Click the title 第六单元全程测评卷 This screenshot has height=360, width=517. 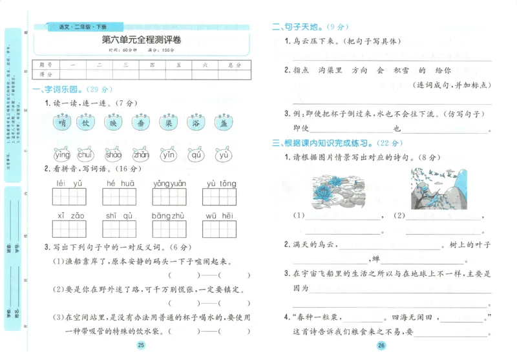click(142, 41)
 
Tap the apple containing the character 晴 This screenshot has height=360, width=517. click(62, 123)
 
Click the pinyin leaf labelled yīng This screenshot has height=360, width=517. click(62, 154)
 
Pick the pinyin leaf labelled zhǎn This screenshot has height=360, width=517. click(141, 154)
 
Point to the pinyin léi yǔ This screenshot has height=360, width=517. click(70, 184)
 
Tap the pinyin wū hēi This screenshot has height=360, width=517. click(220, 216)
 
